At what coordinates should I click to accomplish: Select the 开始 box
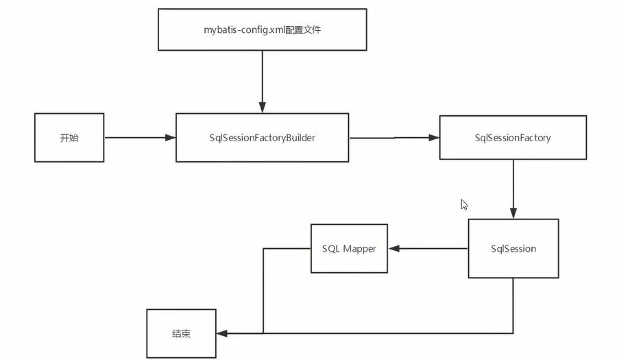point(69,138)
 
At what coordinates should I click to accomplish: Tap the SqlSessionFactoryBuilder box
point(263,138)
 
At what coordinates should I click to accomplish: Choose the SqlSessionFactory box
point(512,138)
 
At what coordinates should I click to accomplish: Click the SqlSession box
point(513,248)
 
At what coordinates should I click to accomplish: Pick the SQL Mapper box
point(349,248)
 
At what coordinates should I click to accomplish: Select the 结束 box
point(181,334)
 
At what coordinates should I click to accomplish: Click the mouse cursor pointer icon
point(464,204)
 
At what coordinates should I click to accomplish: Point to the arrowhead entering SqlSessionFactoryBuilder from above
point(262,108)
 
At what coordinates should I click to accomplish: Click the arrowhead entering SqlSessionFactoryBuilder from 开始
point(171,138)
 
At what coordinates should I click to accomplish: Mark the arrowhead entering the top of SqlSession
point(513,213)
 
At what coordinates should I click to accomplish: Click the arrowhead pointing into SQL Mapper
point(394,248)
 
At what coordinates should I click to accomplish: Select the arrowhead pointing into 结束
point(221,334)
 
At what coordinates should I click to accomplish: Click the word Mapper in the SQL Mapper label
point(359,248)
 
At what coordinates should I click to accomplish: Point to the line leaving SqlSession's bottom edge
point(513,305)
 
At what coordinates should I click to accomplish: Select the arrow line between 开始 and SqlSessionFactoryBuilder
point(137,138)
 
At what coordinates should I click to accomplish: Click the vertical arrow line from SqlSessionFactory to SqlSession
point(513,185)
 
